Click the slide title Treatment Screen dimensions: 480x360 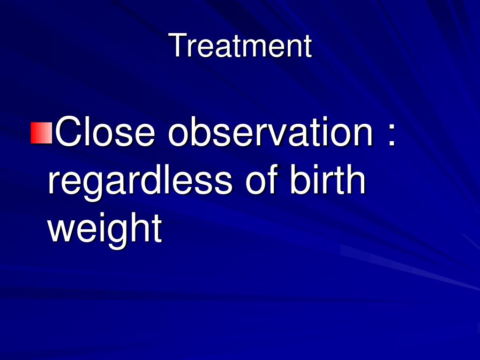tap(240, 45)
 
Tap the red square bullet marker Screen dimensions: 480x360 tap(42, 133)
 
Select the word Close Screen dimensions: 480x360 tap(105, 132)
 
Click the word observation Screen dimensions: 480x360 tap(270, 132)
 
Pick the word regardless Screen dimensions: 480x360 tap(140, 180)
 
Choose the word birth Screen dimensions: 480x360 tap(328, 179)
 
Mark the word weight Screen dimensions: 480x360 tap(105, 228)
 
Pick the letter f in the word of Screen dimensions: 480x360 tap(272, 179)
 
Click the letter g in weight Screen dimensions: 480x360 tap(115, 234)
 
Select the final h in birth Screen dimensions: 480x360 tap(356, 179)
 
